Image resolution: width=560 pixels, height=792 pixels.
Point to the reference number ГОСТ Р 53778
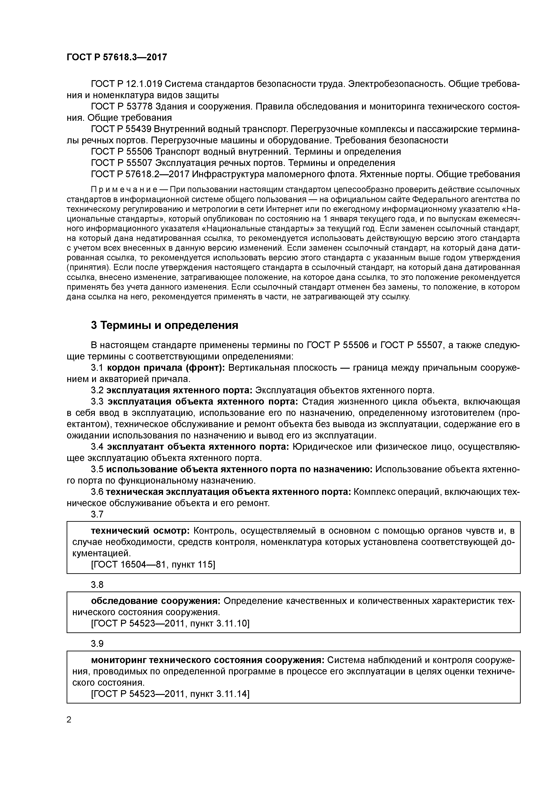(x=121, y=107)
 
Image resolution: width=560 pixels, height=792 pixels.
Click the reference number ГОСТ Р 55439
(x=121, y=129)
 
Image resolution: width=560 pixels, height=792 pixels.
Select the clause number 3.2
(x=97, y=391)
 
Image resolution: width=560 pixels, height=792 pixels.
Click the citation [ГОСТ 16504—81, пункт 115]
(x=153, y=565)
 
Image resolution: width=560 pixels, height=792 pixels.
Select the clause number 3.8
(x=97, y=585)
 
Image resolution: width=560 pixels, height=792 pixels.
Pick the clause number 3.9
(x=97, y=644)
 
